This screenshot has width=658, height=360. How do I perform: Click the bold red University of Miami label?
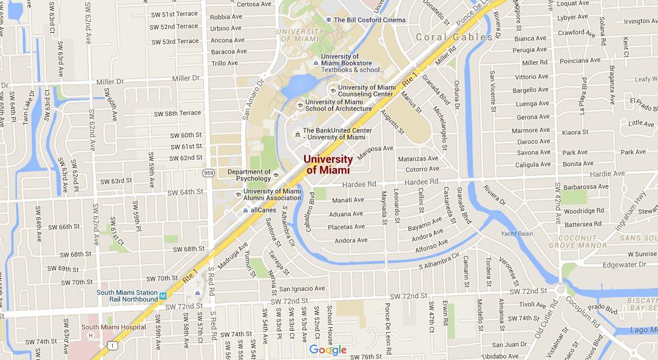coord(328,165)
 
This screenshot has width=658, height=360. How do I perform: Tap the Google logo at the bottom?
coord(328,350)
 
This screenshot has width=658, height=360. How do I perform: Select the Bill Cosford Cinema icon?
coord(328,20)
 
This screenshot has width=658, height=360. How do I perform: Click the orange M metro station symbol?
coord(163,296)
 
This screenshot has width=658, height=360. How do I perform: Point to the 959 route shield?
coord(209,173)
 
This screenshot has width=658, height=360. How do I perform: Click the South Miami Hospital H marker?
coord(91,335)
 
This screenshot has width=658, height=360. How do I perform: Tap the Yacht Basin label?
coord(517,234)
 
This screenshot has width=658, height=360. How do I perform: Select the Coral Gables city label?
coord(454,37)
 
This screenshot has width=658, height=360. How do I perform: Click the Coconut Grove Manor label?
coord(577,242)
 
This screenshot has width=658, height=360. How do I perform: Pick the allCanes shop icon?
coord(245,210)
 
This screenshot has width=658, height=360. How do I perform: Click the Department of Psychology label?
coord(249,175)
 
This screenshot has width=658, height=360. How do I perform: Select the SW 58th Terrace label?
coord(177,114)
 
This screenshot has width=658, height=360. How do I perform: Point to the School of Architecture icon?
coord(300,105)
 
